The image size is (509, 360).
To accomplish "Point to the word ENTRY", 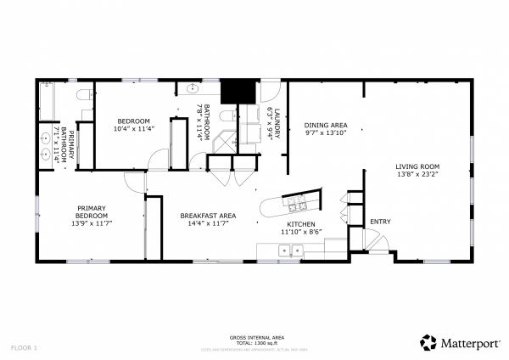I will [x=380, y=222].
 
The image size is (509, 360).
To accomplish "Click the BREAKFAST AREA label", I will [x=208, y=216].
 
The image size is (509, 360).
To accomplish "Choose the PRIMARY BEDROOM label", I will [x=92, y=212].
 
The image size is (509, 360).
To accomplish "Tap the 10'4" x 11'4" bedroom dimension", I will [x=132, y=130].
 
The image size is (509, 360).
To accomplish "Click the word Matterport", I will [x=470, y=344].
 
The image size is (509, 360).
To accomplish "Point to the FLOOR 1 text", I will [x=24, y=348].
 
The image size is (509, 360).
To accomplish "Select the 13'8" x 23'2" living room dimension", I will [x=417, y=174].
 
